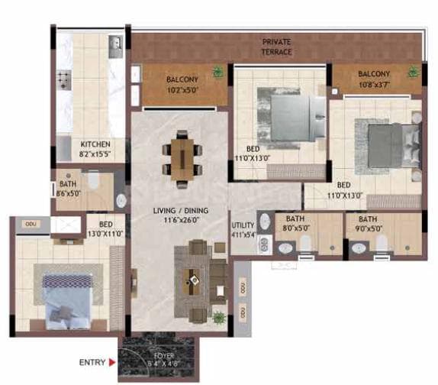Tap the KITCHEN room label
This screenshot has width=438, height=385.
coord(95,148)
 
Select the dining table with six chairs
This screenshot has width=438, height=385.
coord(182,159)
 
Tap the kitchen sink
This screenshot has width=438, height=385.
coord(115,44)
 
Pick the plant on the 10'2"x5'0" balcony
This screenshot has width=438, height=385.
coord(218,72)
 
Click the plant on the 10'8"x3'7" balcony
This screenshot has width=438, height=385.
coord(412,72)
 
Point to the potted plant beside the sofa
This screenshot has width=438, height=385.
coord(219,317)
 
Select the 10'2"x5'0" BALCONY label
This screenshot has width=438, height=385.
coord(181,83)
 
